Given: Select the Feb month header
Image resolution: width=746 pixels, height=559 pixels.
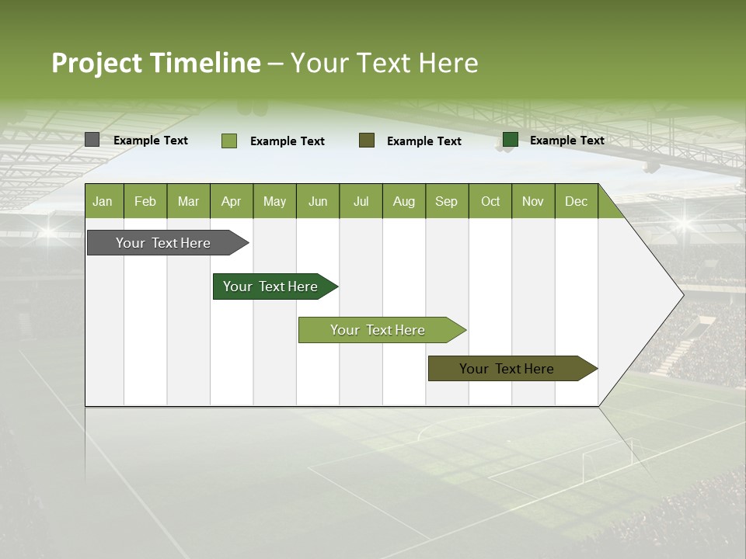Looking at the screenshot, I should pyautogui.click(x=145, y=201).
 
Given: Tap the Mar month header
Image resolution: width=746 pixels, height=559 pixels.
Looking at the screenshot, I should pyautogui.click(x=188, y=201).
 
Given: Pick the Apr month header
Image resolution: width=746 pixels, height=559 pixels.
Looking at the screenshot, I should pyautogui.click(x=232, y=201).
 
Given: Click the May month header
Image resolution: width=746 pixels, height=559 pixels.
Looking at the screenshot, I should pyautogui.click(x=274, y=201).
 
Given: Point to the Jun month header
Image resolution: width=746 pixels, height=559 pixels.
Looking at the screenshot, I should pyautogui.click(x=318, y=201).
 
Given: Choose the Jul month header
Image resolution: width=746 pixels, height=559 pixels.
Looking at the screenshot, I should pyautogui.click(x=361, y=201).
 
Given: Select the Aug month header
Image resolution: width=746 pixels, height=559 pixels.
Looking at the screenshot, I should pyautogui.click(x=404, y=201).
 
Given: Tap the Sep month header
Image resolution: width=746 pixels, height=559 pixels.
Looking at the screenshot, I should pyautogui.click(x=447, y=201).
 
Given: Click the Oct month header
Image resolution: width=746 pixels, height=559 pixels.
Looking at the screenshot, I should pyautogui.click(x=490, y=201).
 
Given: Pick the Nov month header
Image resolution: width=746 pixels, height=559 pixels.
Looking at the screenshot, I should pyautogui.click(x=533, y=201).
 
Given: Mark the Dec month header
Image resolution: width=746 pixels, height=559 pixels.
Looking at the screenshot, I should pyautogui.click(x=577, y=201).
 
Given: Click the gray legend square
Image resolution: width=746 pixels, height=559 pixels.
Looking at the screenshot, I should pyautogui.click(x=92, y=140).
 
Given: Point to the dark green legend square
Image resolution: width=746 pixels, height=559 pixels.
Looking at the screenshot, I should pyautogui.click(x=511, y=140).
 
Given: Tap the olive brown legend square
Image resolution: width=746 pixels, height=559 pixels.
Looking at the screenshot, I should pyautogui.click(x=367, y=140).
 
